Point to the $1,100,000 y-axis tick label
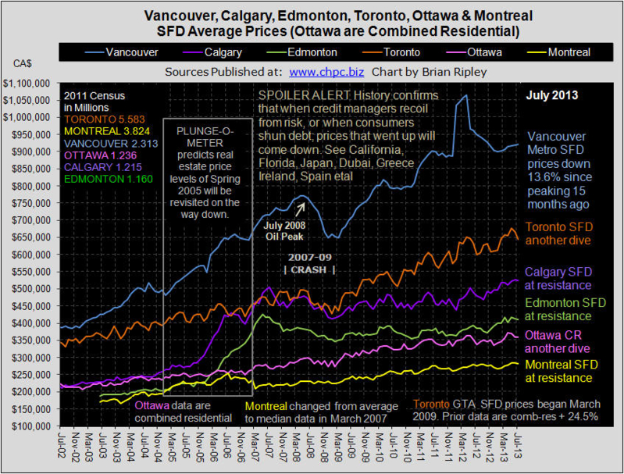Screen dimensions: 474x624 [x=27, y=83]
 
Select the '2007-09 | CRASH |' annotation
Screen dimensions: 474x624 [x=310, y=263]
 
